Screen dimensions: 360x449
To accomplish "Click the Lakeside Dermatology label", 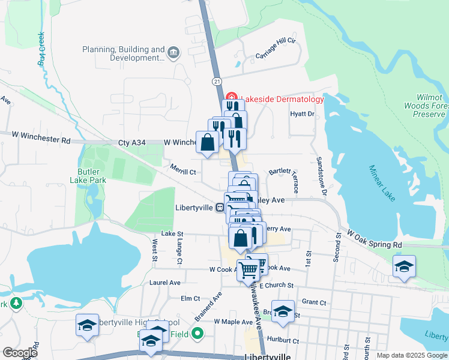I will tap(282, 99).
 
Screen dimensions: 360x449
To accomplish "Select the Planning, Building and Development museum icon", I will tap(174, 53).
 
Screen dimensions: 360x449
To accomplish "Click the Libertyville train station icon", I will tap(221, 208).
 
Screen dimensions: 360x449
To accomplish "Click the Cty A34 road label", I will tap(131, 142).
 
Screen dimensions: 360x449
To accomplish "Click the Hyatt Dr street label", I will tap(302, 113).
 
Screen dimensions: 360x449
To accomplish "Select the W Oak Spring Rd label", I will tap(374, 245).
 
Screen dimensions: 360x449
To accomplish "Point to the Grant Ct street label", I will tap(314, 302).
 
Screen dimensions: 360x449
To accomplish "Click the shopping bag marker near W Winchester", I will tap(207, 143).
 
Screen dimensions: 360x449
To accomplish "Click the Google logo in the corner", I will tap(19, 352).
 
